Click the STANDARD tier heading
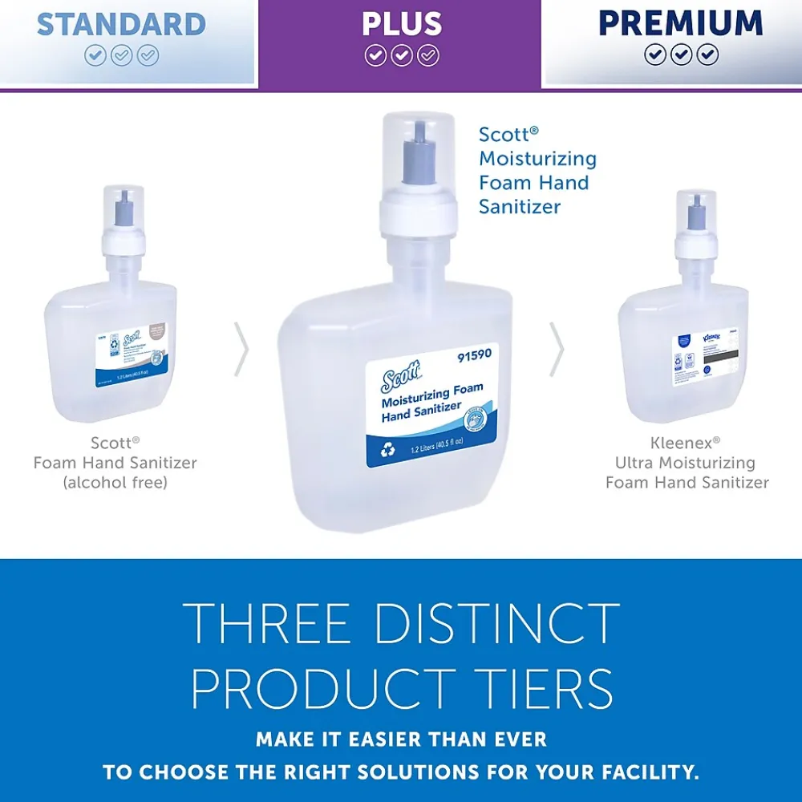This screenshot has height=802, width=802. (x=121, y=24)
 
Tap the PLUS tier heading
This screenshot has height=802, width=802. (x=401, y=24)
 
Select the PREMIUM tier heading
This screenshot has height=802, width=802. (x=681, y=23)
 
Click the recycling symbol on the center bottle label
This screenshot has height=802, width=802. (x=389, y=451)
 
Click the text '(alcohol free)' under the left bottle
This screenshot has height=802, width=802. (x=115, y=483)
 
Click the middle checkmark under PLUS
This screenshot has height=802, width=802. (x=402, y=55)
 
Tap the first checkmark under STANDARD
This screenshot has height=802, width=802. (x=95, y=55)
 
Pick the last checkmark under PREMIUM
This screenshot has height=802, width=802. (x=707, y=55)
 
